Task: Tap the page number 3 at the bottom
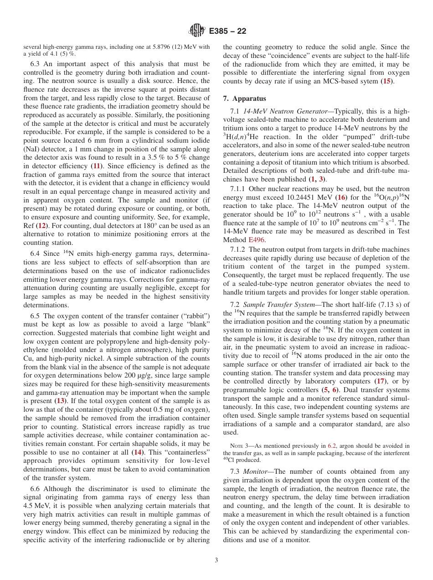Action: click(x=216, y=560)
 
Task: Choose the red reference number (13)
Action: click(x=60, y=401)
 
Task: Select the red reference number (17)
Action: click(x=380, y=381)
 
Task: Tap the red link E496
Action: click(x=257, y=240)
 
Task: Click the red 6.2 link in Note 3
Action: click(x=332, y=445)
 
